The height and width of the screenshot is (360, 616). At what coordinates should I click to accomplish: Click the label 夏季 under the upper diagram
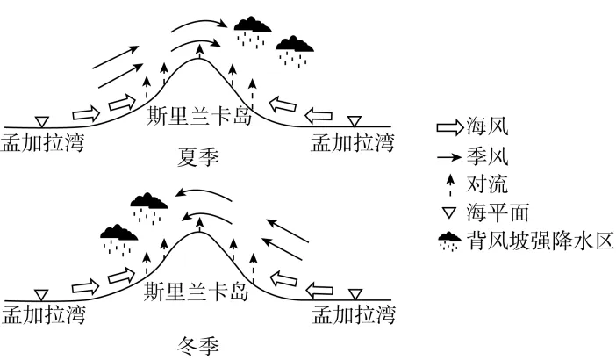point(198,157)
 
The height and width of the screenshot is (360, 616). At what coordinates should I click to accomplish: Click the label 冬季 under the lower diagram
point(198,346)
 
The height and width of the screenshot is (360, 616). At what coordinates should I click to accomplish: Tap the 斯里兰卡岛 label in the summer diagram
point(199,115)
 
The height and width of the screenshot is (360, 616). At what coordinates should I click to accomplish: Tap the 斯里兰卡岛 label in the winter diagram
point(196,292)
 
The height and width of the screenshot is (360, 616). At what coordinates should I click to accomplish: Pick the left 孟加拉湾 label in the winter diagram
point(43,314)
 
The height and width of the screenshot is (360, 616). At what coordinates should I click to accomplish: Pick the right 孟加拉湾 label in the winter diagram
point(353,314)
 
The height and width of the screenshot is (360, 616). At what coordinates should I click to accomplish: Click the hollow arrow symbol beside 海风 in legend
point(450,128)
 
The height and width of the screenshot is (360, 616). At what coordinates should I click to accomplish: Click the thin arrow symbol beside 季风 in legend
point(449,157)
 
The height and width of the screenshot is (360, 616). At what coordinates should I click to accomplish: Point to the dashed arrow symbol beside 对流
point(450,185)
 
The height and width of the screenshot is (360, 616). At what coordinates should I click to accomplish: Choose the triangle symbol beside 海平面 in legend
point(449,213)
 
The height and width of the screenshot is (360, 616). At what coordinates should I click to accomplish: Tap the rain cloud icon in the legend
point(450,241)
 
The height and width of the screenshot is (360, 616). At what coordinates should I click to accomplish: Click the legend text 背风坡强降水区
point(541,241)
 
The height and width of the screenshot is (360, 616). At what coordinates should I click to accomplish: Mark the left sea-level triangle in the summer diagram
point(41,122)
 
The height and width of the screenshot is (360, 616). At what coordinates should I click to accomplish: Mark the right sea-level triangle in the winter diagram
point(355,294)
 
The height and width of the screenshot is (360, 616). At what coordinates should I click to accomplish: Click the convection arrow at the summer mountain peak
point(200,51)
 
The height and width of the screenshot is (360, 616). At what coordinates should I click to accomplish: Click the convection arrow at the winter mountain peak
point(200,224)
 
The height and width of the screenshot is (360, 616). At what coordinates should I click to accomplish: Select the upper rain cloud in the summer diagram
point(253,32)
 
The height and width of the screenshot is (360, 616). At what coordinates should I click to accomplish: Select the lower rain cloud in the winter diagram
point(118,240)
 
